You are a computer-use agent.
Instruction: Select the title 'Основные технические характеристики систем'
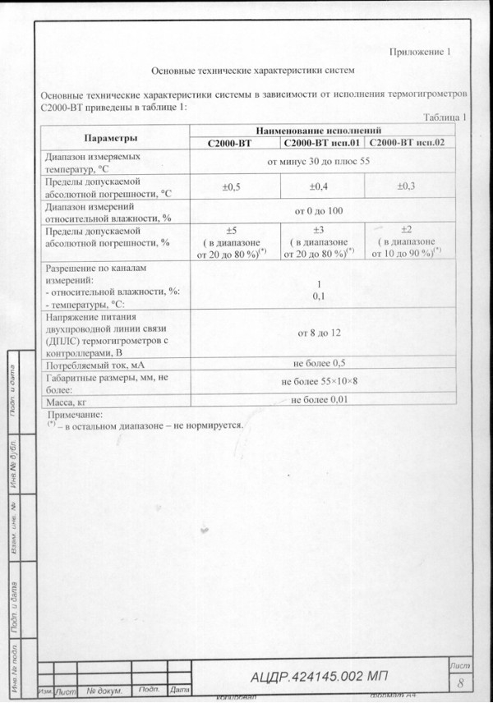point(254,72)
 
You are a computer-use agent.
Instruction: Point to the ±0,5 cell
point(232,186)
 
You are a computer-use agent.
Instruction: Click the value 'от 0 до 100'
point(319,211)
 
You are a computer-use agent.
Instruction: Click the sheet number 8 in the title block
point(460,682)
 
